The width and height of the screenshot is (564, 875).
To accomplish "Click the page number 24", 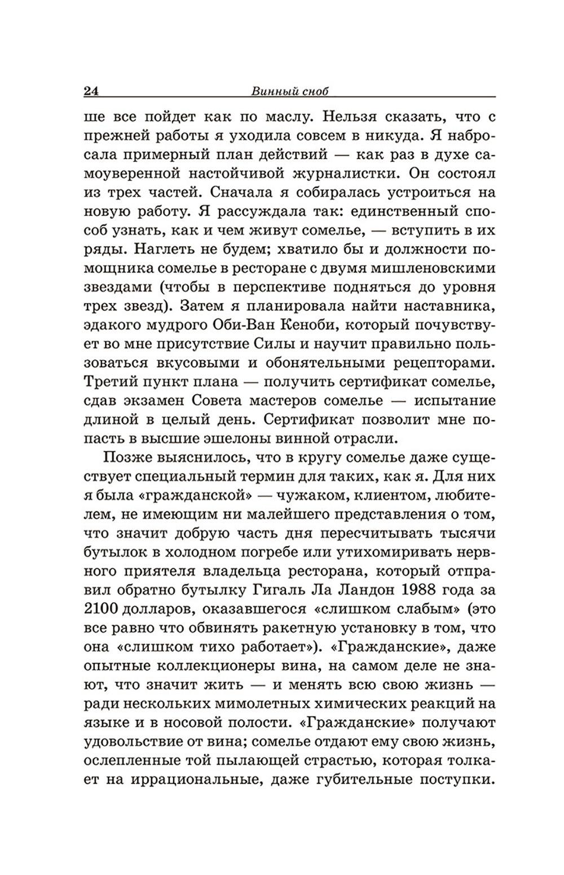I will tap(91, 91).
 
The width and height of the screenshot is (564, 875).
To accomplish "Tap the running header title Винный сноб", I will tap(289, 91).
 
